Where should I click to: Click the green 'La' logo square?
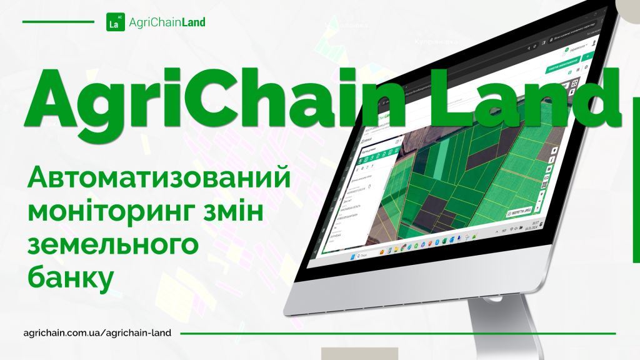[x=113, y=22]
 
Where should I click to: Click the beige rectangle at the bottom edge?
[x=359, y=353]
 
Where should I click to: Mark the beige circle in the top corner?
[x=628, y=6]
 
